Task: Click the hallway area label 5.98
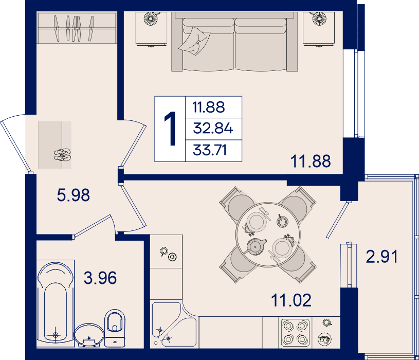pyautogui.click(x=74, y=195)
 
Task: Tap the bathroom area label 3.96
pyautogui.click(x=100, y=278)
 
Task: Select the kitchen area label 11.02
pyautogui.click(x=291, y=300)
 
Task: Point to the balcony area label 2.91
pyautogui.click(x=381, y=257)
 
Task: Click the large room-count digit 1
pyautogui.click(x=170, y=129)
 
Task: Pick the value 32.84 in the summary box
pyautogui.click(x=213, y=128)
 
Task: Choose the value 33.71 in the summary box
pyautogui.click(x=210, y=150)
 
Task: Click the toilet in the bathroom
pyautogui.click(x=115, y=328)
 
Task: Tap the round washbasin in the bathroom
pyautogui.click(x=89, y=335)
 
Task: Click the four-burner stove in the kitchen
pyautogui.click(x=295, y=333)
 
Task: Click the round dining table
pyautogui.click(x=268, y=235)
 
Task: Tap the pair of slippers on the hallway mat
pyautogui.click(x=62, y=155)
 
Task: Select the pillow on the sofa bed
pyautogui.click(x=194, y=41)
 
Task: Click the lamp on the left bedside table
pyautogui.click(x=151, y=19)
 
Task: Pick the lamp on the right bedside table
pyautogui.click(x=319, y=19)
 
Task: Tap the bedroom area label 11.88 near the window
pyautogui.click(x=311, y=161)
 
